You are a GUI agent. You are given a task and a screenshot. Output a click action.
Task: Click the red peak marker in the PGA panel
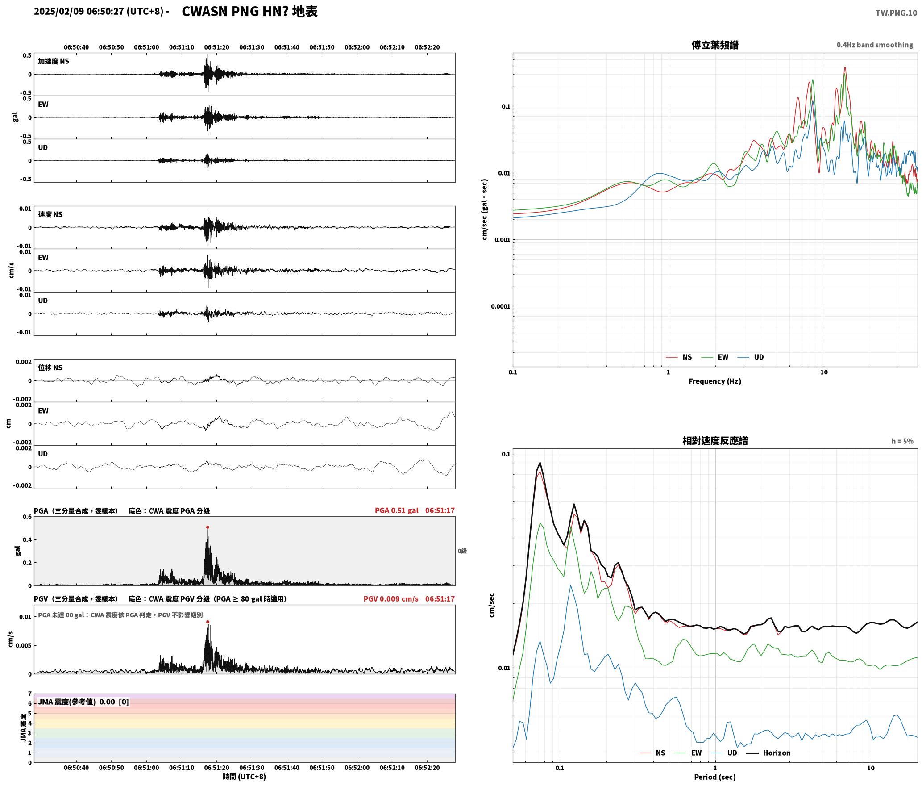(x=208, y=527)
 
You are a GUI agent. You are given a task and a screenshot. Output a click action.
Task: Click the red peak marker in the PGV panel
(x=208, y=622)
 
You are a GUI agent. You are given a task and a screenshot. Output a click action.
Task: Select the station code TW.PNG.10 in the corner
(x=896, y=13)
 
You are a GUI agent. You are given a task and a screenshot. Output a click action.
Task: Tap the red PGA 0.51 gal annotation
(x=397, y=510)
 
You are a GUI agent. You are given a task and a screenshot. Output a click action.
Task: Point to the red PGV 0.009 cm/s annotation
(x=391, y=598)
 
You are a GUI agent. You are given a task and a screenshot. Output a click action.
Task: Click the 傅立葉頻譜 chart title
(x=714, y=45)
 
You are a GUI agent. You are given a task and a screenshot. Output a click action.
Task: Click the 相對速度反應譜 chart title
(x=715, y=440)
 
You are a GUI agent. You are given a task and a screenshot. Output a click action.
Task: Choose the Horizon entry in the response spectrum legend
(x=777, y=753)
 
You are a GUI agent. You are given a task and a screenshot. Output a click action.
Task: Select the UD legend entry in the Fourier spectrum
(x=759, y=357)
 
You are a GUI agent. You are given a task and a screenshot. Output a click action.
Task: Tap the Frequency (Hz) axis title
(x=714, y=381)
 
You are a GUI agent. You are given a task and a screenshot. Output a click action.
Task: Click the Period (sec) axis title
(x=714, y=777)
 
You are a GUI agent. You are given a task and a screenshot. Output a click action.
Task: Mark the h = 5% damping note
(x=902, y=441)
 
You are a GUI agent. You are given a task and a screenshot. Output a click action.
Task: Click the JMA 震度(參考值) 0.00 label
(x=76, y=702)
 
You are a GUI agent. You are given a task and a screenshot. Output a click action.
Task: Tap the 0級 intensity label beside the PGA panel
(x=462, y=551)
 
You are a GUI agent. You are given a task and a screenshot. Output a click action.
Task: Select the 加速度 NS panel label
(x=54, y=61)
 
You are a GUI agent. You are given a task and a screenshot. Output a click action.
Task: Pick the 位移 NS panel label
(x=50, y=368)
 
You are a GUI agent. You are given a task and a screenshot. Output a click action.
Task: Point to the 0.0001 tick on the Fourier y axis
(x=500, y=306)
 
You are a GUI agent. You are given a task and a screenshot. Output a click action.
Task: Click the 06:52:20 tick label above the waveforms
(x=427, y=47)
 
